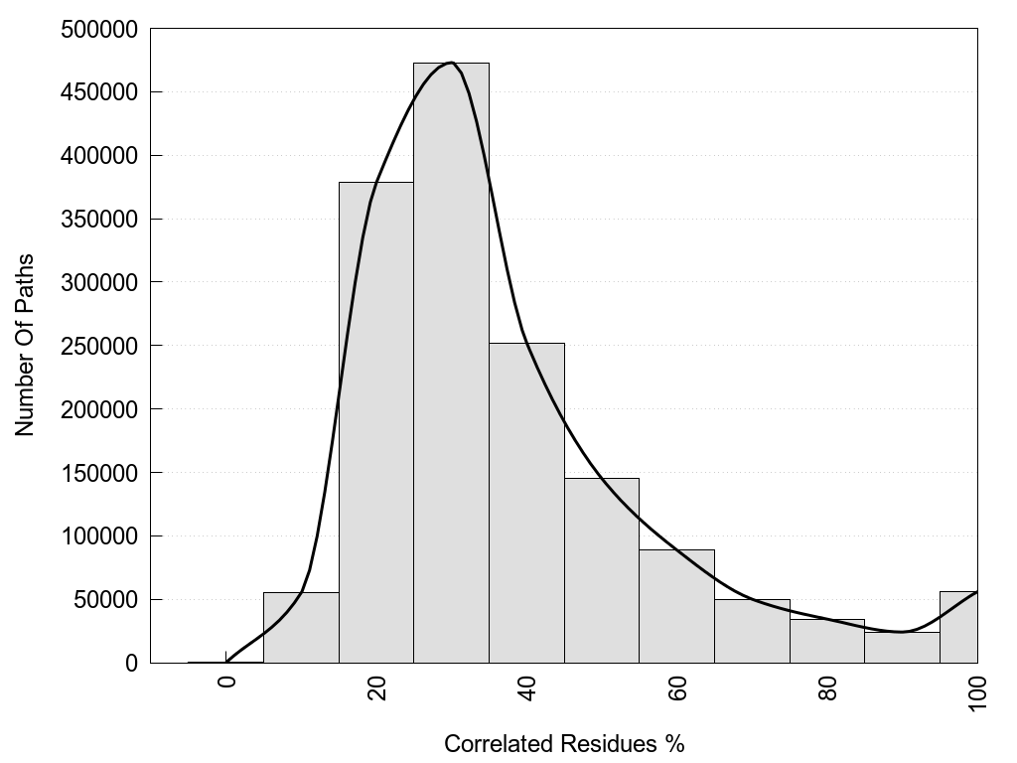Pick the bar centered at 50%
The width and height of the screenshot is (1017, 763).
point(602,570)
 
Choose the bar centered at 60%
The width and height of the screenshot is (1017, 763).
point(676,606)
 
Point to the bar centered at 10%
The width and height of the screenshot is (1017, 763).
point(301,628)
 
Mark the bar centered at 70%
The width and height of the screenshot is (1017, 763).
point(752,631)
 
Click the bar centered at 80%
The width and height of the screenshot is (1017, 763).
point(827,641)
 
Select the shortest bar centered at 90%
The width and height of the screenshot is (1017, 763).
point(902,647)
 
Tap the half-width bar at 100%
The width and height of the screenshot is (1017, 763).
point(958,628)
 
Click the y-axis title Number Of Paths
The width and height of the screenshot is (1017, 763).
point(25,346)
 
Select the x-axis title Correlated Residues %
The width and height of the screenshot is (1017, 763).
point(564,743)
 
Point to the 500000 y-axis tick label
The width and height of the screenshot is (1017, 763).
point(98,29)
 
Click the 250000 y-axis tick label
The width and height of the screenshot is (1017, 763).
point(98,346)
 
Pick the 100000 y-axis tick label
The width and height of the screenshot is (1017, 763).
point(98,536)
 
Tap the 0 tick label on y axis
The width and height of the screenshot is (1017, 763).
point(131,663)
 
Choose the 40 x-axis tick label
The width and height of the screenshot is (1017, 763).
point(527,687)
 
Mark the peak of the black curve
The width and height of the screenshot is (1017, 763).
point(451,63)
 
